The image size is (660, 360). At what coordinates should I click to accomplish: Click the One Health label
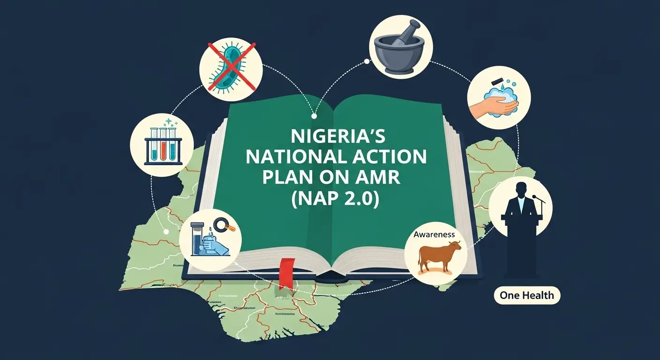point(527,295)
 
